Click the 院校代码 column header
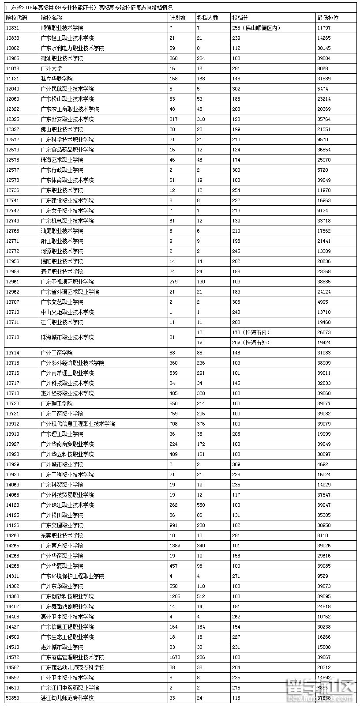click(x=16, y=18)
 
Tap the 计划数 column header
click(x=177, y=18)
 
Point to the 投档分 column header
click(x=240, y=18)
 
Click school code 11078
click(x=12, y=68)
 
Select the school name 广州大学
click(x=51, y=68)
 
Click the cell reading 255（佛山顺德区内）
click(x=256, y=28)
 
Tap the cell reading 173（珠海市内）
click(x=251, y=332)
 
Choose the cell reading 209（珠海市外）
click(x=251, y=343)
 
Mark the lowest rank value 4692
click(x=323, y=464)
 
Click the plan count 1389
click(x=175, y=546)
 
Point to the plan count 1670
click(x=175, y=657)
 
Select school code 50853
click(x=12, y=698)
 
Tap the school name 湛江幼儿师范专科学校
click(x=67, y=698)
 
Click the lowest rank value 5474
click(x=323, y=89)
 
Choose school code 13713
click(x=12, y=337)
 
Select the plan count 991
click(x=173, y=525)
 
